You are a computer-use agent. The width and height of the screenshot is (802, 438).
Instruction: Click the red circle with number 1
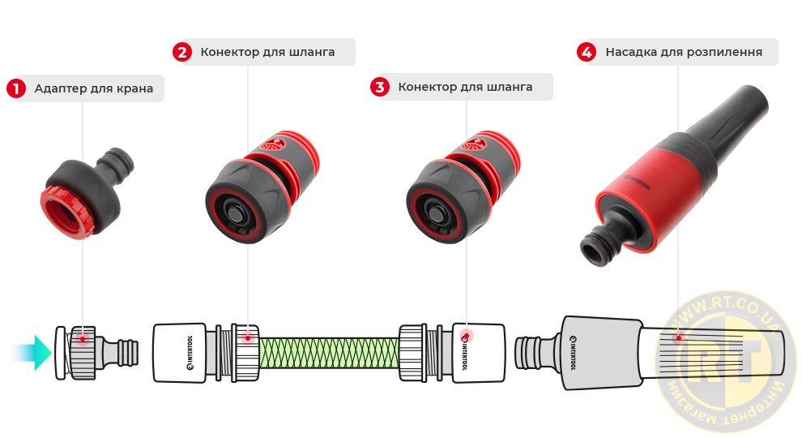point(16,88)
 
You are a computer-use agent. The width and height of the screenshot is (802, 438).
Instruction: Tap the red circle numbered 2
point(182,52)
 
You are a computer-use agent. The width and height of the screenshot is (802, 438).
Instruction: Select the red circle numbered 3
point(379,87)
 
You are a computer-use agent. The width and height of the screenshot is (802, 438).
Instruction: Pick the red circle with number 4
point(587,52)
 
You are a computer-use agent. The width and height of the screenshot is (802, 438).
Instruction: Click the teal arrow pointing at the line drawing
point(31,353)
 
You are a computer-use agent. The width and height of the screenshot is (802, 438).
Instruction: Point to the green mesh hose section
point(328,353)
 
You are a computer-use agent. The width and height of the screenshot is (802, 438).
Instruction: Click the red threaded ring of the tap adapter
point(66,212)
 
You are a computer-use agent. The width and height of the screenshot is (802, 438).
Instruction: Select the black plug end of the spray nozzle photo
point(601,244)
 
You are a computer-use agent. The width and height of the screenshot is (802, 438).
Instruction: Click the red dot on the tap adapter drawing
point(83,338)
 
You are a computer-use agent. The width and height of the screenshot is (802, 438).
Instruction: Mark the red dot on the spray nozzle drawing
point(678,337)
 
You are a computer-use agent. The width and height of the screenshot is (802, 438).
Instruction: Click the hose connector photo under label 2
point(262,187)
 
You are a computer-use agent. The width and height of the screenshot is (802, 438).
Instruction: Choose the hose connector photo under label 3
point(463,187)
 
